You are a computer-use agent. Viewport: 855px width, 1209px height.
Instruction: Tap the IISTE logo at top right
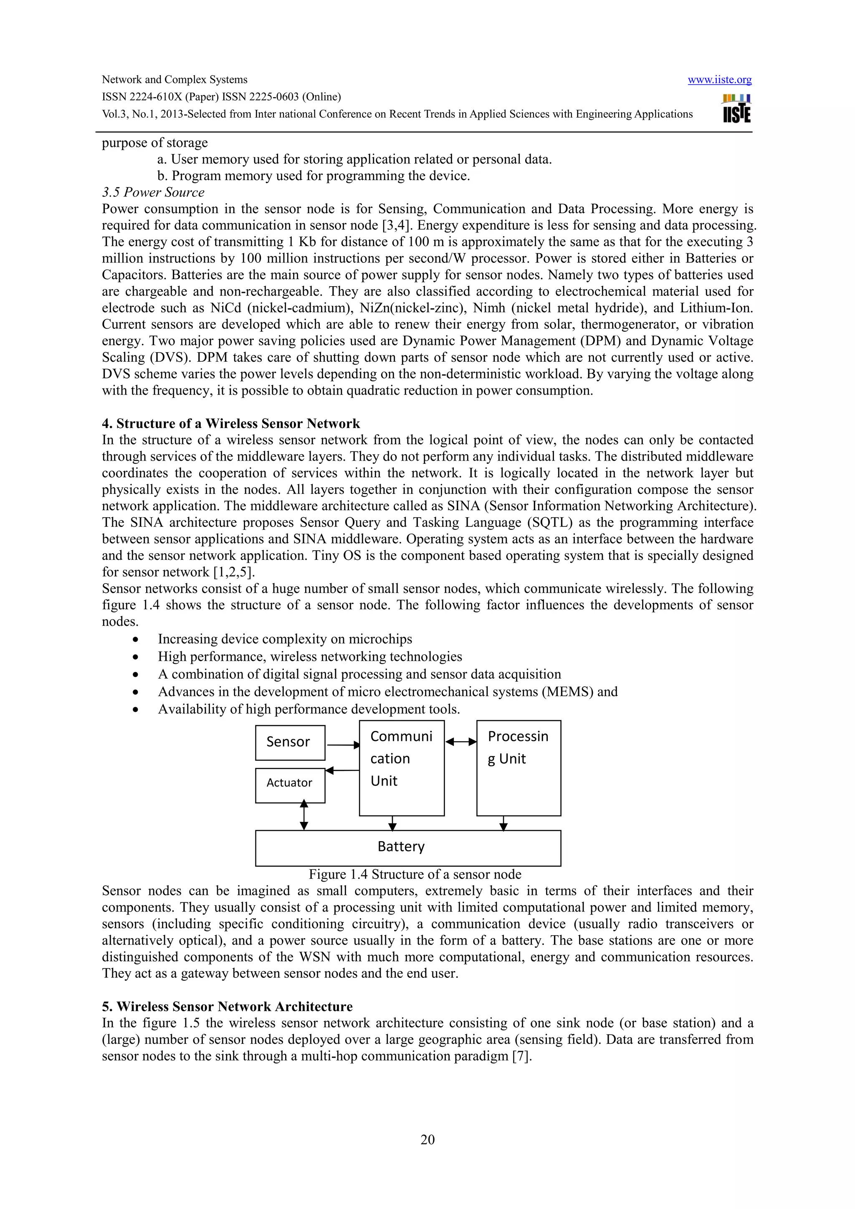point(736,108)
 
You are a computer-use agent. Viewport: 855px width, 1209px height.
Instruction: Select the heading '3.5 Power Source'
point(153,192)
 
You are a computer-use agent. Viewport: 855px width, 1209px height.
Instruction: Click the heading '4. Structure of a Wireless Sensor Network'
point(231,423)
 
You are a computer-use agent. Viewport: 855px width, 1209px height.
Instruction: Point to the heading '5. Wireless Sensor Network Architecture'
point(227,1006)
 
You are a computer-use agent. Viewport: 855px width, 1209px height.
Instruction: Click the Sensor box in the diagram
point(290,743)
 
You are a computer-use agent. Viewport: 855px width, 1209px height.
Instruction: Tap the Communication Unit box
point(402,768)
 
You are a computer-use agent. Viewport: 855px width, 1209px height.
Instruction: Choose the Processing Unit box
point(519,768)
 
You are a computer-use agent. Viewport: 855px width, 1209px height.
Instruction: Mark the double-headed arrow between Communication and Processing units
point(460,742)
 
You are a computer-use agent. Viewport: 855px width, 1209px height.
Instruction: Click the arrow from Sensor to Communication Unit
point(342,745)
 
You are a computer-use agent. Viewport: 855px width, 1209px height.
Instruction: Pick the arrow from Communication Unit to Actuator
point(342,771)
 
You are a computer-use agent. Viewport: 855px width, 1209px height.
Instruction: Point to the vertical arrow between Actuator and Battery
point(304,815)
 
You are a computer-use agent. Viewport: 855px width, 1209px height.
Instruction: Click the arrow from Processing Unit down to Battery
point(503,823)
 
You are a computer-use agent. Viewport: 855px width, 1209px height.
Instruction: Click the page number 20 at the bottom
point(427,1140)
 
